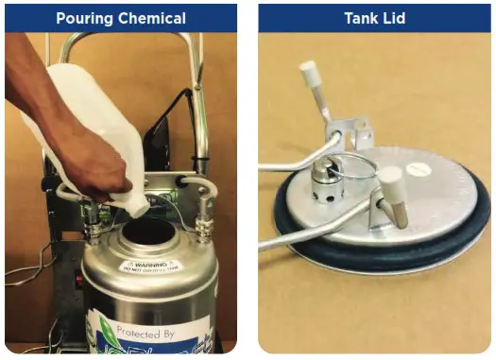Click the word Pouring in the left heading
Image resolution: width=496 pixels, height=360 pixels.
[x=87, y=18]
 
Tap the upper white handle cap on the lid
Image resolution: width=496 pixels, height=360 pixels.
[x=308, y=72]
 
